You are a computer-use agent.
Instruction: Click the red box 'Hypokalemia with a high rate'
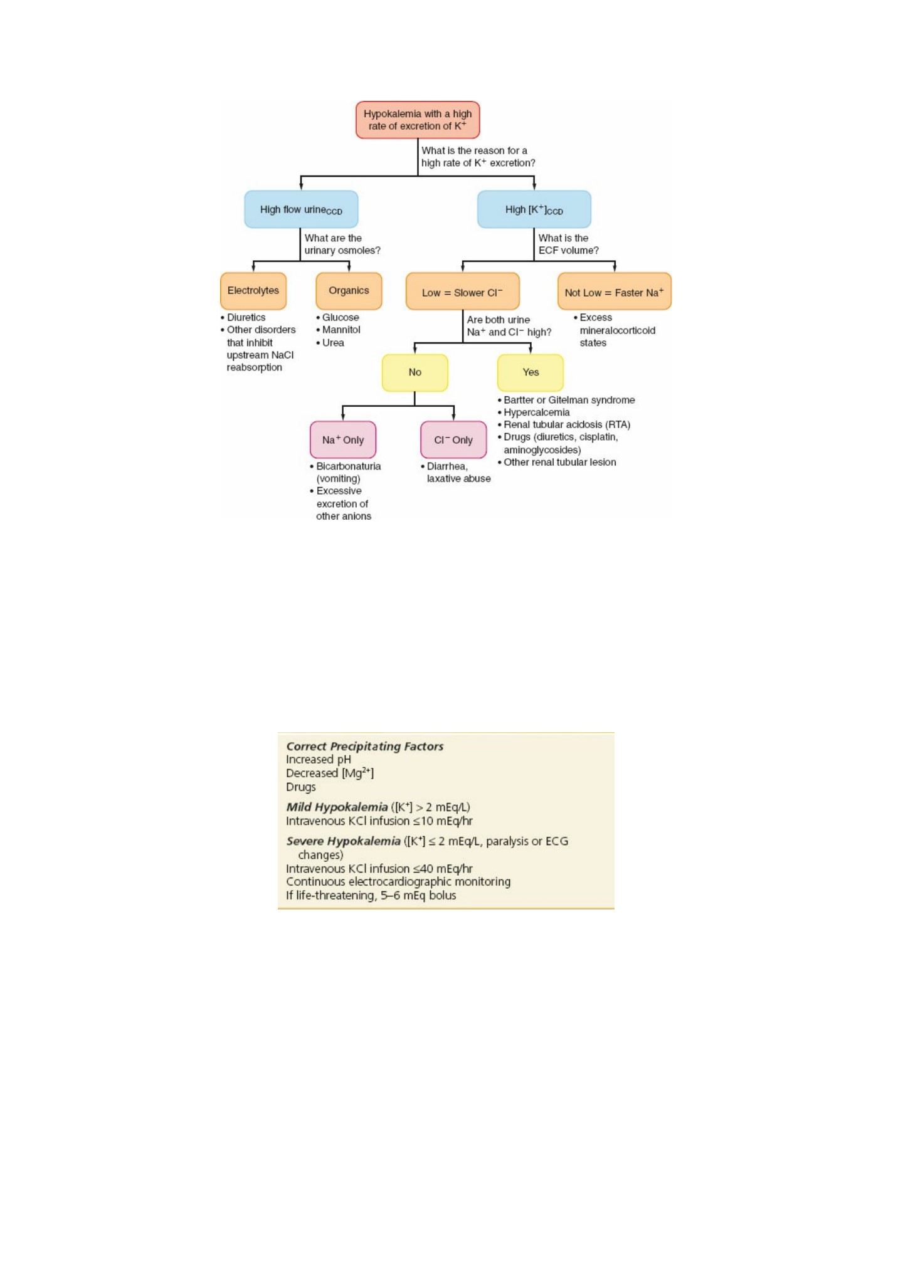coord(418,120)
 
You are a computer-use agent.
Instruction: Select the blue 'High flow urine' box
coord(301,209)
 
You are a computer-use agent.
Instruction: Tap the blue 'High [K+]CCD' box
coord(534,209)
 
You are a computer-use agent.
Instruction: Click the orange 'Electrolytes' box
coord(253,291)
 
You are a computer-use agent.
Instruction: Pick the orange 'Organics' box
coord(349,291)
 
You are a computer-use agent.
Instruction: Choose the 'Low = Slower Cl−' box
coord(463,291)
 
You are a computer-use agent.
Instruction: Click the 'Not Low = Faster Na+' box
coord(615,291)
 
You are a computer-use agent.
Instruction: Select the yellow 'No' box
coord(415,373)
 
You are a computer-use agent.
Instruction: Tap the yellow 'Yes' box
coord(531,373)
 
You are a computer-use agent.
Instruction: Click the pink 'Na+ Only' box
coord(343,440)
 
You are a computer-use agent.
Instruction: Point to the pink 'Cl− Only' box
coord(453,440)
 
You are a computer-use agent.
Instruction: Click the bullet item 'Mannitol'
coord(341,330)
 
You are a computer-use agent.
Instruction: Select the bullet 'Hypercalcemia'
coord(537,412)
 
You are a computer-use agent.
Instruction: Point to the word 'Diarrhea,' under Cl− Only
coord(447,466)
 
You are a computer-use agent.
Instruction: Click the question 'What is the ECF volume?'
coord(569,244)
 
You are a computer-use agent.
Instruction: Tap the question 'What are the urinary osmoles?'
coord(342,244)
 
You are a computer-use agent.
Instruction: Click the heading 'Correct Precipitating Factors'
coord(365,747)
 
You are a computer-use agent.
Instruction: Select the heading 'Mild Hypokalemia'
coord(337,807)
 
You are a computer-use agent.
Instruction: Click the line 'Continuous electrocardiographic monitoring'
coord(398,882)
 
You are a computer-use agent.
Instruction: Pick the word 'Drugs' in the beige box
coord(301,787)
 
